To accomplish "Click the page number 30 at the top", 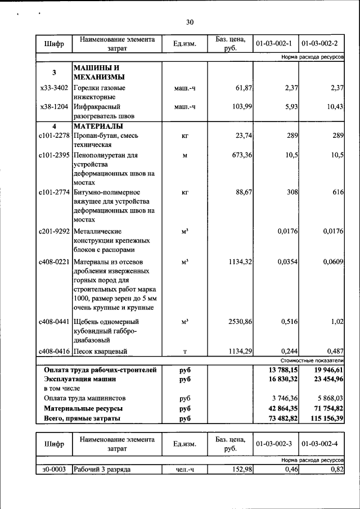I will [190, 22].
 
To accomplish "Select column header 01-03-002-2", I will [320, 43].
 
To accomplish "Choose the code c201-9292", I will [54, 231].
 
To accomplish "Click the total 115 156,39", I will [323, 418].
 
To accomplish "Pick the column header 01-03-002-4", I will [320, 444].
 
